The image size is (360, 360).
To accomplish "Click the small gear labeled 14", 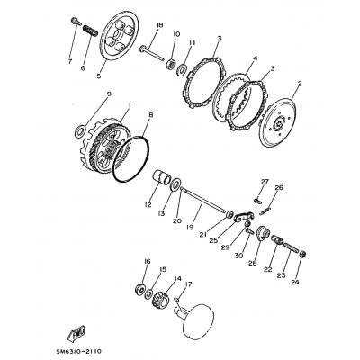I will [165, 303].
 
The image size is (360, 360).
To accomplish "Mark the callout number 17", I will [186, 284].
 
